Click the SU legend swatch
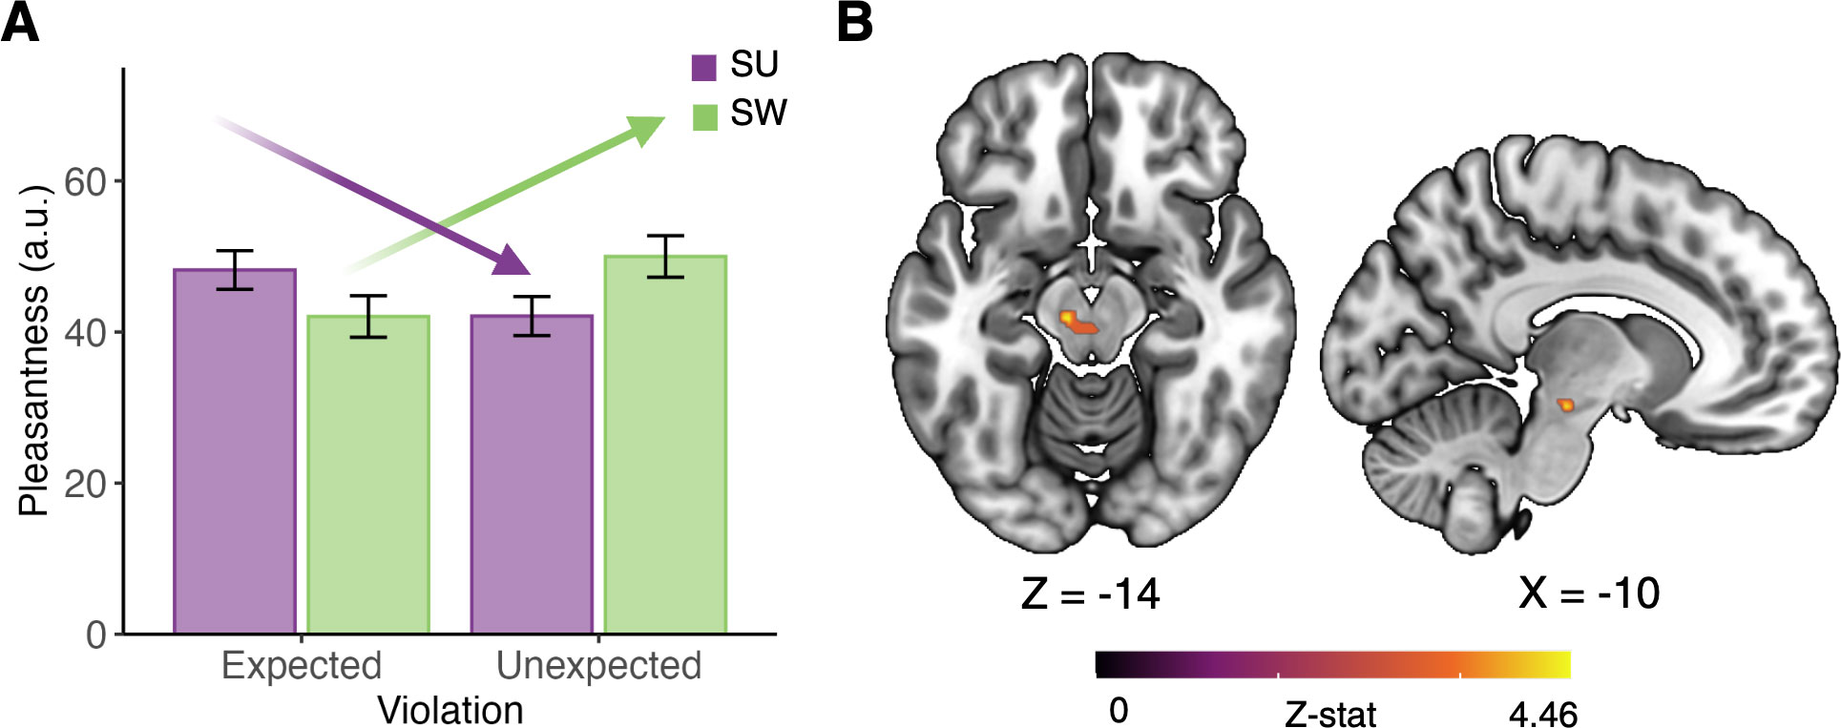704,68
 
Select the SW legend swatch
704,117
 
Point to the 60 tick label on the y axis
85,181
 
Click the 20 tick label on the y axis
85,484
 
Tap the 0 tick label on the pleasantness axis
95,634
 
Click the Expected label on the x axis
302,665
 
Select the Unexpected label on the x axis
598,665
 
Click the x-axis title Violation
450,710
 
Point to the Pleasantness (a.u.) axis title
34,350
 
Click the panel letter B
854,23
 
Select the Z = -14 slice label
1090,593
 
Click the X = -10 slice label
1589,593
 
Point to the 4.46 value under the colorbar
1542,713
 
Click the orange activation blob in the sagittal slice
1565,405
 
